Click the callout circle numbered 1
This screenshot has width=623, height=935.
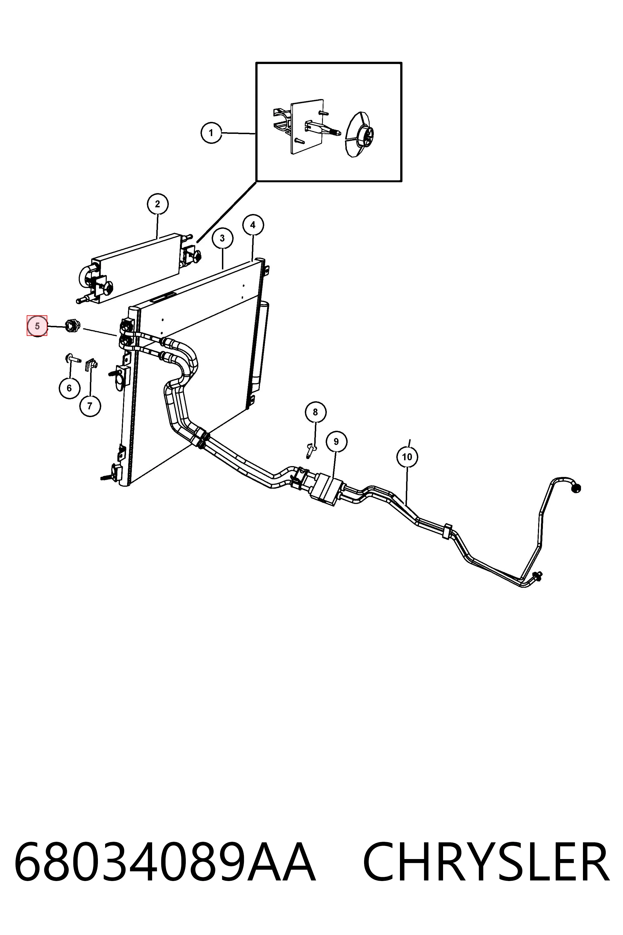[211, 133]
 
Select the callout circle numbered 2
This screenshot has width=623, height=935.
[158, 204]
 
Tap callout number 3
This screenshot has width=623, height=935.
[222, 238]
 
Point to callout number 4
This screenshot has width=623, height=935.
[253, 225]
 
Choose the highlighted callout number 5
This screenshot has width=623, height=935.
[37, 326]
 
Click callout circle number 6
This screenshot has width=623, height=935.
[70, 388]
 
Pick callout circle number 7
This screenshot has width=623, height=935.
[90, 406]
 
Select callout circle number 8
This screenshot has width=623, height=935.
[315, 412]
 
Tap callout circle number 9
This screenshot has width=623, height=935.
[337, 442]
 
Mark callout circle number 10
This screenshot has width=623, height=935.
[407, 457]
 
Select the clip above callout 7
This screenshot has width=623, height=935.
[92, 364]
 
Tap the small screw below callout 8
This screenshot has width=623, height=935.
[311, 451]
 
